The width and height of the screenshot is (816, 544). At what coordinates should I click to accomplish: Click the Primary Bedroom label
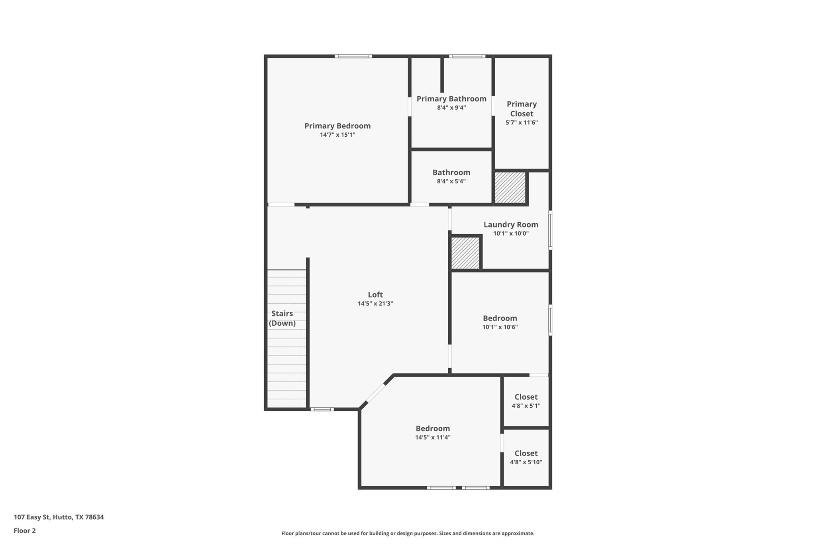click(x=337, y=126)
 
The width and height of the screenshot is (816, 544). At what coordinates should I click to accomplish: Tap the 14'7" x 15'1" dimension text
click(x=337, y=135)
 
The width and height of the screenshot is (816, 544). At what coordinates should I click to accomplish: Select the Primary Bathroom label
click(x=451, y=99)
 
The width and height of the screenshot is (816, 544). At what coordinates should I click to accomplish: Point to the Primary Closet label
click(x=522, y=109)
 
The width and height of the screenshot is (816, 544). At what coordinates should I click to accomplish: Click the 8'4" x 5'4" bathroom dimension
click(x=451, y=181)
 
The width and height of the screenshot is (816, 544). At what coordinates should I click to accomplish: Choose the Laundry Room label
click(x=511, y=225)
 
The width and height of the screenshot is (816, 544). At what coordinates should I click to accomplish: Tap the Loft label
click(x=375, y=295)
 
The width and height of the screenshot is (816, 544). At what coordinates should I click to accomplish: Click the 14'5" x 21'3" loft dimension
click(x=375, y=304)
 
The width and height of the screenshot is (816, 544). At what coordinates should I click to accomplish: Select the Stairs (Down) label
click(x=282, y=318)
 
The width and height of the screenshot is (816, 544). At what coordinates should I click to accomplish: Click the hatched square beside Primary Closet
click(x=510, y=187)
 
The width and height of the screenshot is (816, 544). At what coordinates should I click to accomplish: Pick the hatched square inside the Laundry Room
click(x=465, y=253)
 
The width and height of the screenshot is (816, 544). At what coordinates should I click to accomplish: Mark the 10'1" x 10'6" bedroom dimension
click(x=500, y=327)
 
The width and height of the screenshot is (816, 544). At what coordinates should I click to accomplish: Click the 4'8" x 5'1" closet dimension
click(x=526, y=406)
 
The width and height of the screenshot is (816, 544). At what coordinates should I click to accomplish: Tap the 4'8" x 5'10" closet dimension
click(x=526, y=462)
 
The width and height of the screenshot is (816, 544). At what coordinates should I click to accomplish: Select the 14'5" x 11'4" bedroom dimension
click(x=433, y=438)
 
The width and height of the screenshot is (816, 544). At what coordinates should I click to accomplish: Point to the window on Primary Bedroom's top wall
click(x=353, y=56)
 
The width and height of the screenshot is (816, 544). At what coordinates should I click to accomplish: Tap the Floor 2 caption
click(x=25, y=531)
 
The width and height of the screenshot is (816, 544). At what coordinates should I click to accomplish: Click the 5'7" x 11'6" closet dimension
click(x=522, y=123)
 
